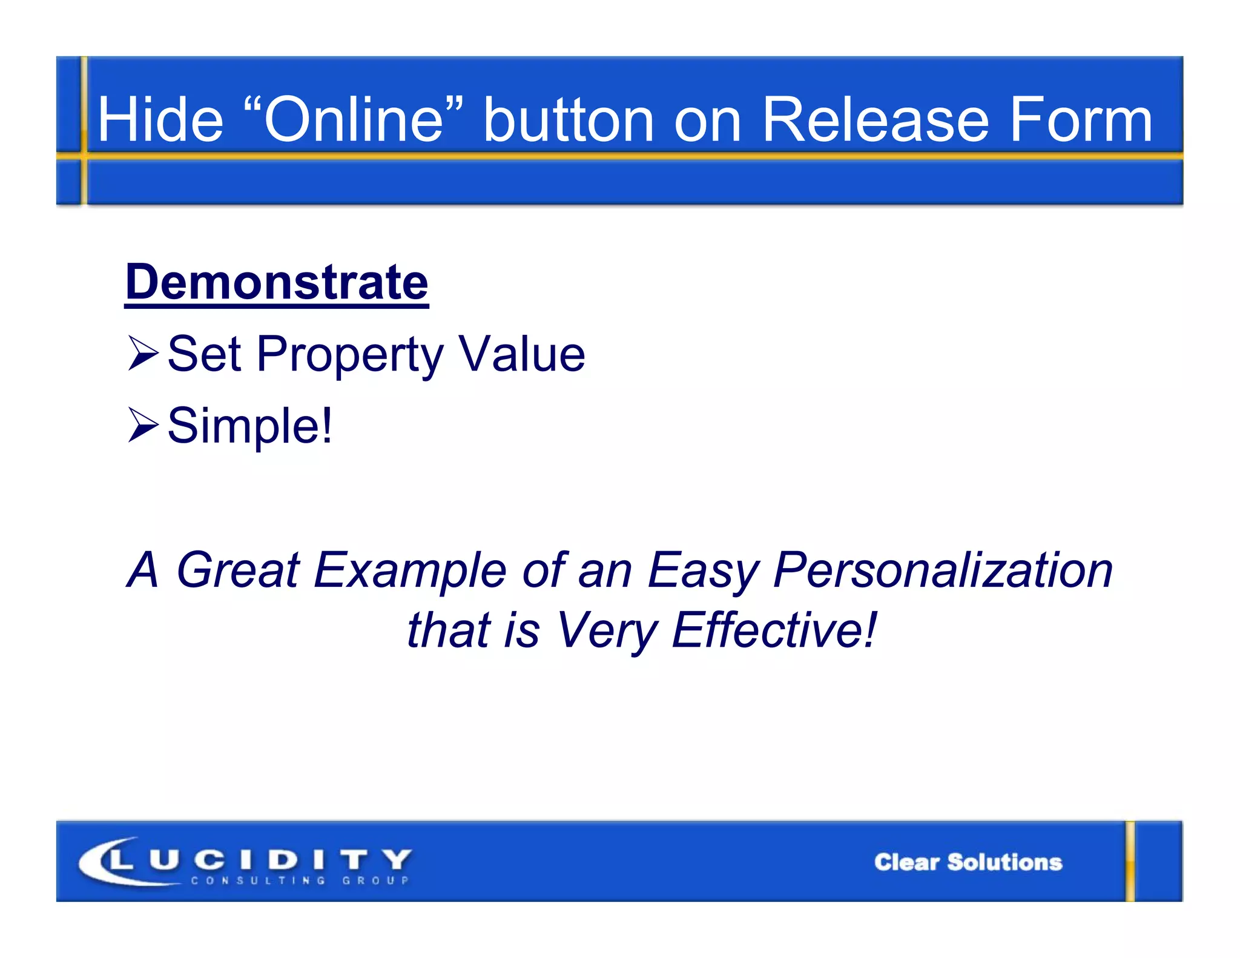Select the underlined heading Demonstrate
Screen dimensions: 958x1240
[x=277, y=282]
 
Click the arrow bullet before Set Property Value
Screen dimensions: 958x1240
[x=143, y=354]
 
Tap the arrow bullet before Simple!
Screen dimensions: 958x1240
[x=143, y=425]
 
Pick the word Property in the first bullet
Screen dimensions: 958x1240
[x=350, y=355]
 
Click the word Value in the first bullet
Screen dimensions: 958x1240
[x=521, y=354]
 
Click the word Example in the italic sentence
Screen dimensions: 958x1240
[x=410, y=571]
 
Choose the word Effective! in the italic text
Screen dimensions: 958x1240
[x=774, y=630]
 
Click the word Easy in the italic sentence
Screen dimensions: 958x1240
[x=703, y=571]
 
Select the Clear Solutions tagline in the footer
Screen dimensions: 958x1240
[x=968, y=862]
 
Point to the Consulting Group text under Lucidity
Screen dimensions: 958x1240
[x=300, y=880]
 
